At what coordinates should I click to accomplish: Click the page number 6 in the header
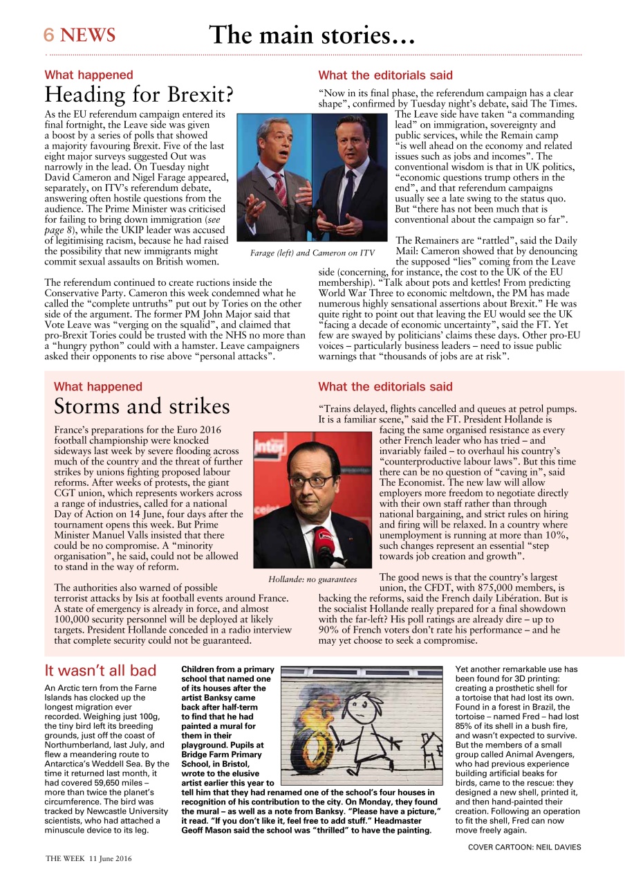(x=49, y=35)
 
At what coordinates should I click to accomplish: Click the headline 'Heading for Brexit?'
(x=139, y=94)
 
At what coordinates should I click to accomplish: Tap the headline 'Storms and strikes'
(x=142, y=406)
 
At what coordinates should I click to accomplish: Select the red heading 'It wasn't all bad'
(x=101, y=671)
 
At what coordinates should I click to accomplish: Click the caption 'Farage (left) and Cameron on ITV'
(x=312, y=253)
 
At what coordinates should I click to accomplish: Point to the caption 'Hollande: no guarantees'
(x=312, y=579)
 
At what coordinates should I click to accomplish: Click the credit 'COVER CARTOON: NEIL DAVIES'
(x=524, y=847)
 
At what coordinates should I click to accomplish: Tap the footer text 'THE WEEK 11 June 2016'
(x=89, y=858)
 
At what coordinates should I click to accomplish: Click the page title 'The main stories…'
(x=312, y=35)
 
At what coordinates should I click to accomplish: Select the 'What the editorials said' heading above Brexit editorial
(x=386, y=75)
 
